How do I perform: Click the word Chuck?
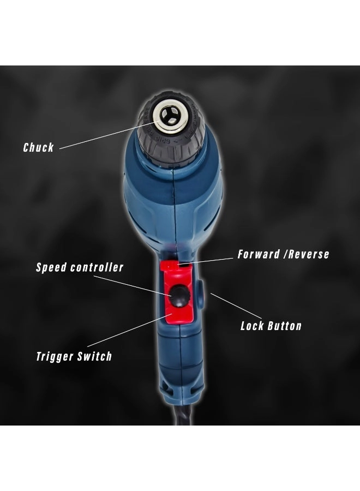38,147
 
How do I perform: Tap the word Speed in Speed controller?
51,268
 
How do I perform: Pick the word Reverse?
309,254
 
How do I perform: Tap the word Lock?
253,326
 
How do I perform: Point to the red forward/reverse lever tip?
175,266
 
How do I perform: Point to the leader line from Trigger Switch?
136,330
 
